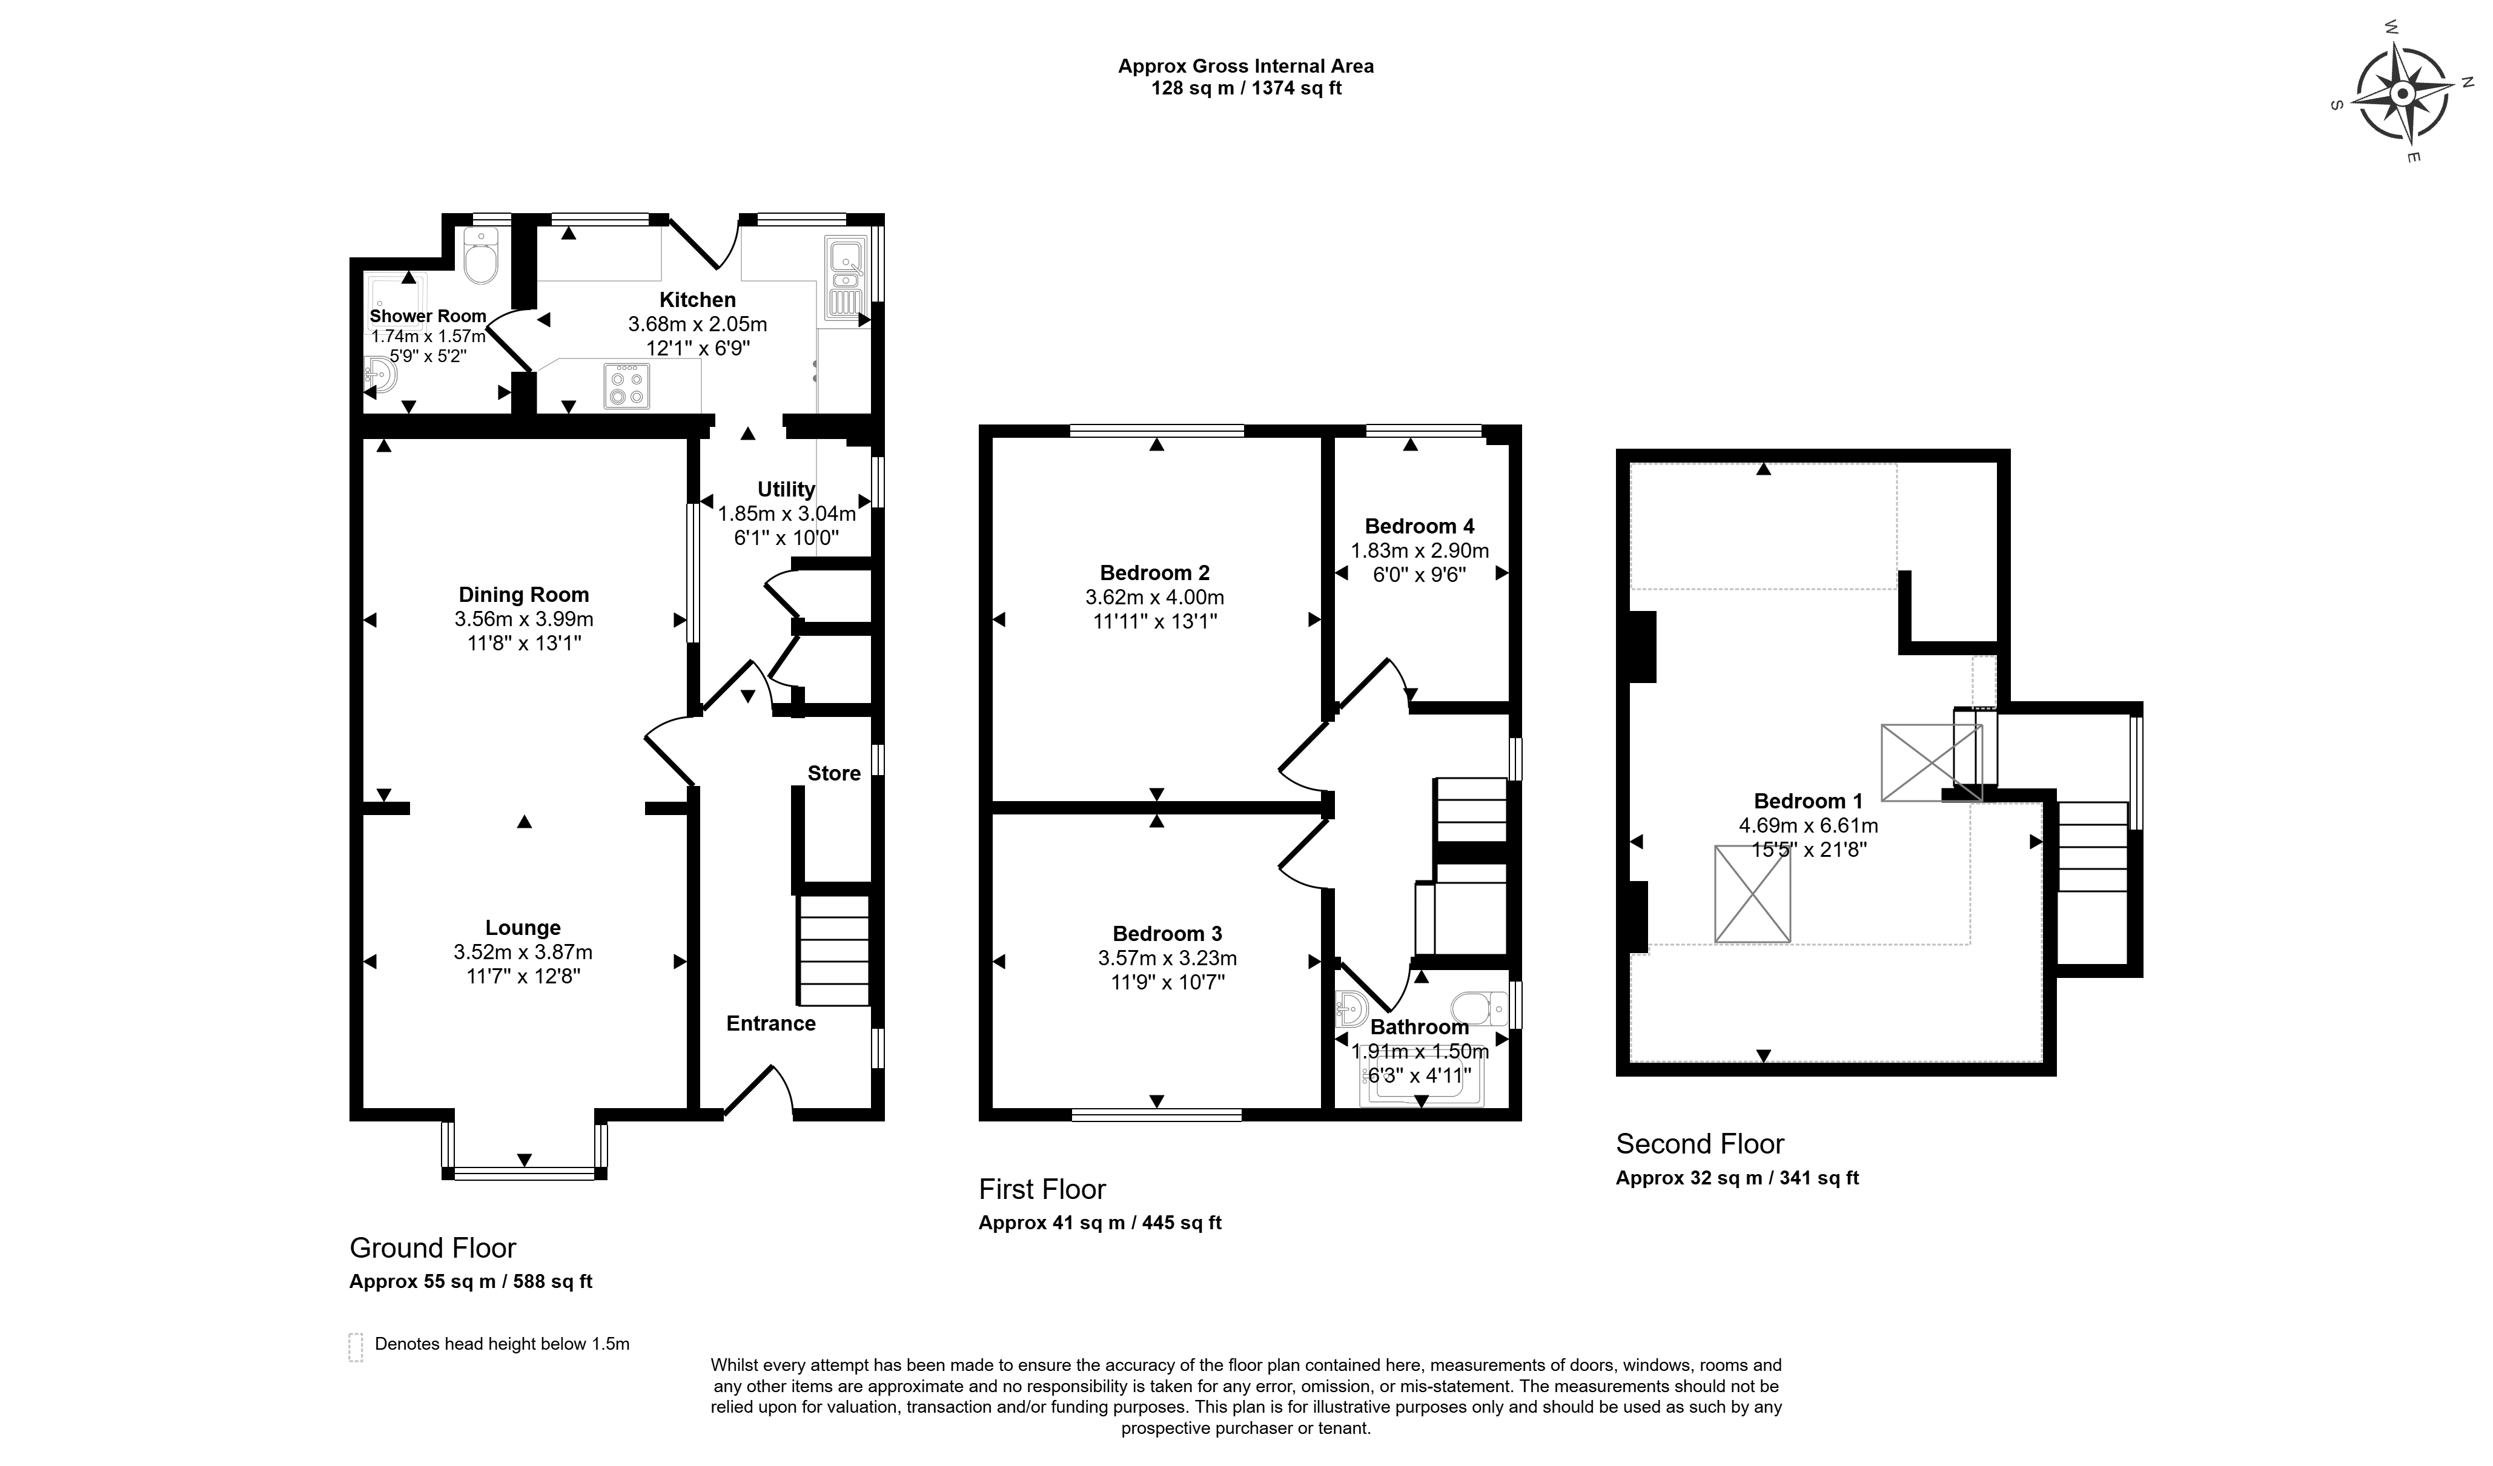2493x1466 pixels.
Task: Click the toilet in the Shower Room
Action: coord(482,256)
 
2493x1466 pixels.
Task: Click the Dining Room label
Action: coord(523,595)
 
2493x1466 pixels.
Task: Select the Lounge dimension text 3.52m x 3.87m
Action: coord(523,953)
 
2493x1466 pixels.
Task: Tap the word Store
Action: coord(834,773)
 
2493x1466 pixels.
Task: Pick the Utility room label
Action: coord(786,489)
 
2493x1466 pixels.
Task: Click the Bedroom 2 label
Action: coord(1154,573)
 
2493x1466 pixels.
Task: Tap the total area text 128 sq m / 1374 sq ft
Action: coord(1245,88)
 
